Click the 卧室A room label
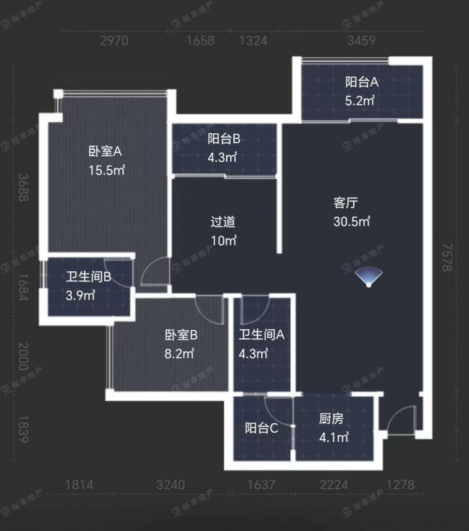tap(105, 151)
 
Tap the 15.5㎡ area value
tap(106, 170)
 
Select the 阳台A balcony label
tap(362, 82)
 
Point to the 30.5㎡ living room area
tap(351, 221)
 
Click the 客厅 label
tap(345, 203)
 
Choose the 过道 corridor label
tap(223, 221)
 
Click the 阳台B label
tap(224, 138)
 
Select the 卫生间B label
tap(88, 277)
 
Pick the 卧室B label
tap(181, 335)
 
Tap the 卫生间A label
tap(261, 334)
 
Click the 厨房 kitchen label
tap(331, 419)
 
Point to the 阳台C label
tap(261, 428)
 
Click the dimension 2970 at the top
tap(114, 41)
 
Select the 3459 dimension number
tap(361, 41)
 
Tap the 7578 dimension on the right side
tap(447, 258)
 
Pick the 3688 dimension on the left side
tap(23, 188)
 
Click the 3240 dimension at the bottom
tap(171, 485)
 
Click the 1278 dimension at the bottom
tap(400, 485)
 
